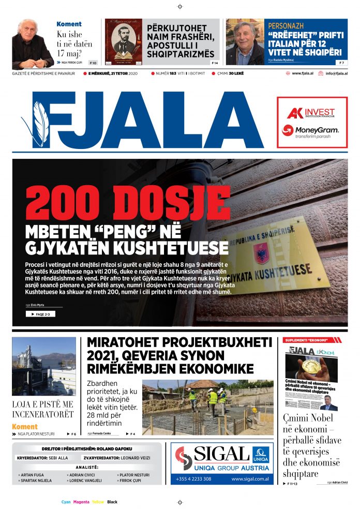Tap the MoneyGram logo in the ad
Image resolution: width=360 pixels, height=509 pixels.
coord(310,130)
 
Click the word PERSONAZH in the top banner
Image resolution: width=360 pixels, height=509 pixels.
coord(286,25)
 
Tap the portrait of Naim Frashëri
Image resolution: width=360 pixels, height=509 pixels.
coord(124,41)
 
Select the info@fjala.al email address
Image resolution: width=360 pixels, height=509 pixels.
coord(336,73)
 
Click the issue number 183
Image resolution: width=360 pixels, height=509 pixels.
coord(173,73)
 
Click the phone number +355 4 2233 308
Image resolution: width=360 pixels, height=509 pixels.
coord(193,479)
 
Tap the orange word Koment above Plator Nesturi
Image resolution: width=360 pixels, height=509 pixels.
coord(25,427)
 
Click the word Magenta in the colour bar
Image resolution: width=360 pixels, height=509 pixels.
coord(81,502)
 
